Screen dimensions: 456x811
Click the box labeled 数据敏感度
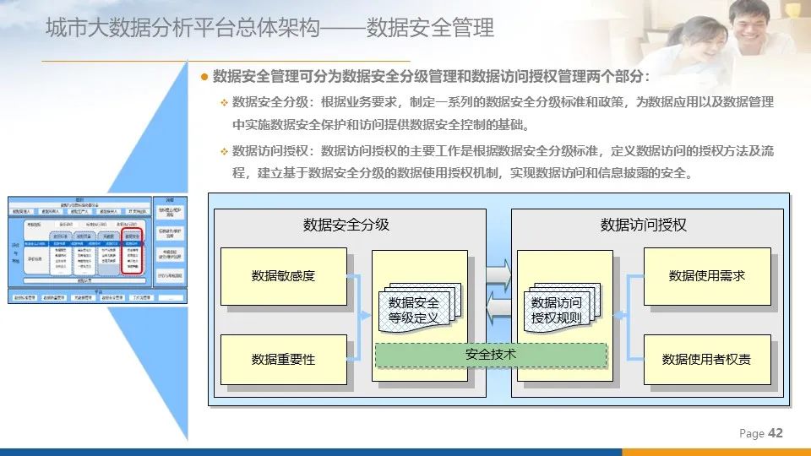283,276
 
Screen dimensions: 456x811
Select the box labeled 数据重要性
283,360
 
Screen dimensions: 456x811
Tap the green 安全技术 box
491,355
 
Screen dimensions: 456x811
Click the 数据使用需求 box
707,276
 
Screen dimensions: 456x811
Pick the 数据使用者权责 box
707,360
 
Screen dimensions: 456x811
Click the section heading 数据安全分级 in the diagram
346,225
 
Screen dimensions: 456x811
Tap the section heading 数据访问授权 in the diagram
644,225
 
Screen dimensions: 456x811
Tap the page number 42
776,433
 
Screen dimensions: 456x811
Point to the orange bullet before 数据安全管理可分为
204,77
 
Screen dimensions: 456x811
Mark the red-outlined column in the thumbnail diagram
132,251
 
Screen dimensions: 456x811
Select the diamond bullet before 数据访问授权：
225,152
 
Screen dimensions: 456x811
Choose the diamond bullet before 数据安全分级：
225,103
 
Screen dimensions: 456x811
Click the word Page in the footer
751,434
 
